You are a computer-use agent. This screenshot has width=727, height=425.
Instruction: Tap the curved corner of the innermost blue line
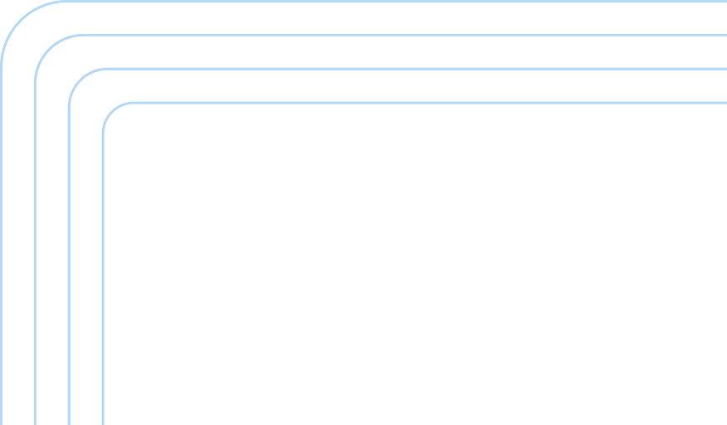[x=112, y=111]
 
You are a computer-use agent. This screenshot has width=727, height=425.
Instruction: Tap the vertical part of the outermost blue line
[x=2, y=249]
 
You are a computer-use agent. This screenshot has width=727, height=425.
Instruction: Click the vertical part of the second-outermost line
[x=35, y=249]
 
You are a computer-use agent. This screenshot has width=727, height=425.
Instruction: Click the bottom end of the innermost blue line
[x=103, y=422]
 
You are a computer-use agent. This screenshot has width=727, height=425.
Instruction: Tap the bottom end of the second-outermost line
[x=35, y=422]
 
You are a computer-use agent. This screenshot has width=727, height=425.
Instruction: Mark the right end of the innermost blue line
[x=724, y=102]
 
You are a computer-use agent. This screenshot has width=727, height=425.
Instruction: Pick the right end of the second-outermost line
[x=724, y=35]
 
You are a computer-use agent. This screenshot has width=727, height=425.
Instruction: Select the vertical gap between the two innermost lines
[x=86, y=265]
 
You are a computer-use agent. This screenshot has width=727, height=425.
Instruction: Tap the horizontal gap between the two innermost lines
[x=415, y=85]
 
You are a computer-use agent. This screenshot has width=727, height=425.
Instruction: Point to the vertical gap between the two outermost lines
[x=18, y=249]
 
